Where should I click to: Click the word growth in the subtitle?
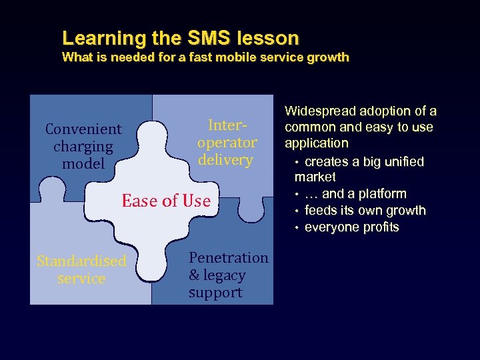327,57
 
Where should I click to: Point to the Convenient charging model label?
83,146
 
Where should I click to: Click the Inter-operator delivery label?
227,142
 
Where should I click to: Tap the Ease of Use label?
166,201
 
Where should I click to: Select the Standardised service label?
81,269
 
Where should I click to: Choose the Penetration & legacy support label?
228,275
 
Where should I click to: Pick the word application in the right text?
317,143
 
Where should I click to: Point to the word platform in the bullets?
383,194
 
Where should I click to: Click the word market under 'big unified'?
315,177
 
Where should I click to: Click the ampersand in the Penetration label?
195,275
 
